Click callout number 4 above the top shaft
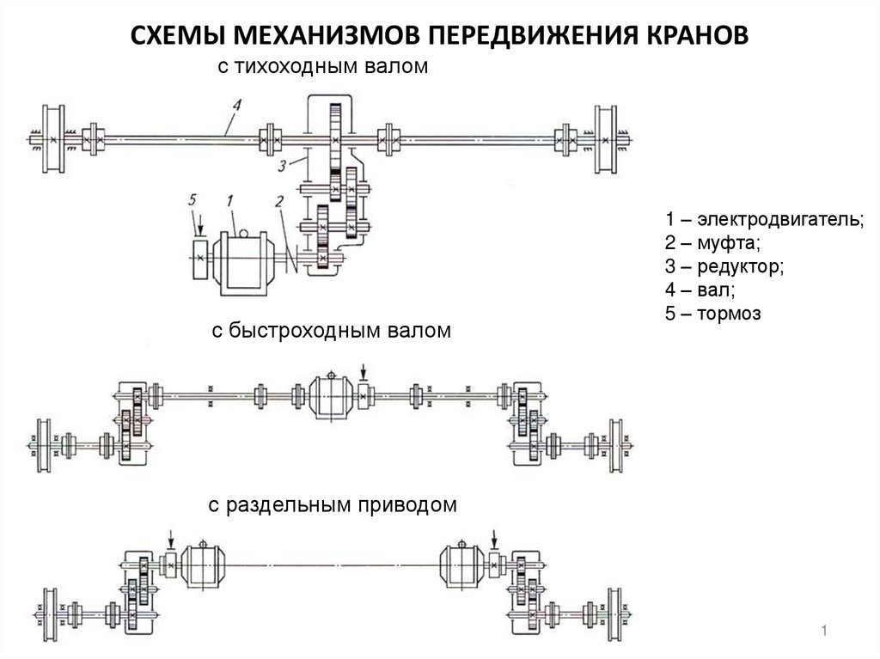[x=237, y=106]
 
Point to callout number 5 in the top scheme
[x=192, y=200]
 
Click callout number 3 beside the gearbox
[x=283, y=166]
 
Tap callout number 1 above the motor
[x=229, y=200]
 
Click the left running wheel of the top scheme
[x=52, y=138]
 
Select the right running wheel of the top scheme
[x=605, y=139]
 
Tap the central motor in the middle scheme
[x=331, y=396]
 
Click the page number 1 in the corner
[x=824, y=631]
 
